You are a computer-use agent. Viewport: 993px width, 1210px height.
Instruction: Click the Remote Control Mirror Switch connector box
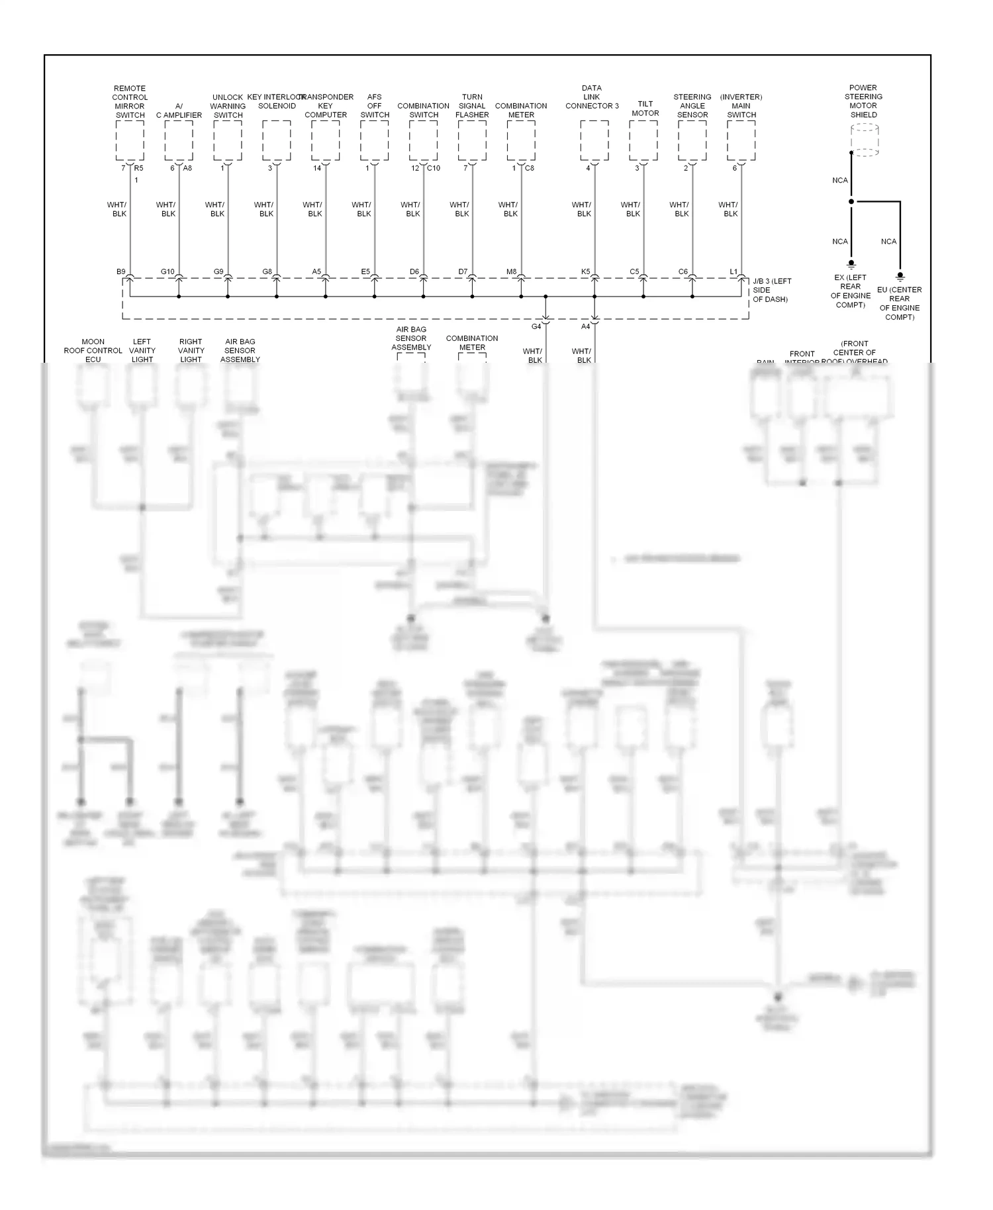coord(130,140)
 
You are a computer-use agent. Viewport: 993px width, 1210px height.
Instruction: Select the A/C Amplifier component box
coord(179,140)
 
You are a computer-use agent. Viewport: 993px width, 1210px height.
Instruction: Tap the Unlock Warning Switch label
coord(228,106)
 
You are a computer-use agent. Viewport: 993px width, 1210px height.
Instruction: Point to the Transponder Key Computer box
coord(326,140)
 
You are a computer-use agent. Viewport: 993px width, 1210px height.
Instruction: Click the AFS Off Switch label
coord(375,106)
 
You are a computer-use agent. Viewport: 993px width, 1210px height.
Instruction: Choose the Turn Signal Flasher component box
coord(472,140)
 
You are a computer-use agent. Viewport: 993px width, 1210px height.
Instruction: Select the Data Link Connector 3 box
coord(594,140)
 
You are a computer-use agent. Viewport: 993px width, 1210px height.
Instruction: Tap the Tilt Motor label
coord(645,109)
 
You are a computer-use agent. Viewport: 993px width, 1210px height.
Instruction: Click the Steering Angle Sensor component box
coord(692,140)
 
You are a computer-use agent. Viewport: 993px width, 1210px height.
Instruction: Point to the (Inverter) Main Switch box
coord(741,140)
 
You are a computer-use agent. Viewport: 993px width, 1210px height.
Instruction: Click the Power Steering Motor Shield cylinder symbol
coord(864,140)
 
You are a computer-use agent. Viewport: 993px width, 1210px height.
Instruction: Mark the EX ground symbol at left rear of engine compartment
coord(851,263)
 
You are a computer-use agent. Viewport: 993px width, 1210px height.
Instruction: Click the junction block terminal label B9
coord(120,272)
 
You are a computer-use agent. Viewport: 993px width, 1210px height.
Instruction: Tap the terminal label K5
coord(585,272)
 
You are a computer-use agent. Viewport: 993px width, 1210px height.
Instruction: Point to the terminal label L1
coord(733,272)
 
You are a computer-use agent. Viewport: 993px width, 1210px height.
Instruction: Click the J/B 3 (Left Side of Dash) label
coord(772,290)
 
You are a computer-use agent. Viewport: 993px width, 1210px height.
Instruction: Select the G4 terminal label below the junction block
coord(536,326)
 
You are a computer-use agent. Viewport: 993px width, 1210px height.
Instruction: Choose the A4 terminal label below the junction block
coord(585,326)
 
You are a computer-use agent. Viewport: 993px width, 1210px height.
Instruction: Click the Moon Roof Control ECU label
coord(93,351)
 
